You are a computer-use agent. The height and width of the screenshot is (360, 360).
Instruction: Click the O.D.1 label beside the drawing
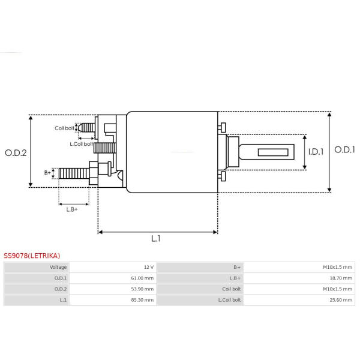[344, 149]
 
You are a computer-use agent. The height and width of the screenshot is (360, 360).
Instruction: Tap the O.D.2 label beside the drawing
[16, 153]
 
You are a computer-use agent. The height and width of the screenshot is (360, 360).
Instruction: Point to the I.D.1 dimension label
[316, 152]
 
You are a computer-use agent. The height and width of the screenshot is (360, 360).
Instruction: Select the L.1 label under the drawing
[155, 239]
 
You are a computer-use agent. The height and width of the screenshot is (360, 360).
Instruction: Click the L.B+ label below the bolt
[72, 209]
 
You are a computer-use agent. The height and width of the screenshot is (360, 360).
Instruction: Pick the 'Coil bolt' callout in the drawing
[64, 128]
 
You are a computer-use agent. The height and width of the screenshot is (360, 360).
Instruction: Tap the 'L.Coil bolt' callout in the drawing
[81, 144]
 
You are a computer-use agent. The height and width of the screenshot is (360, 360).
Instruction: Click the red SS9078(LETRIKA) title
[32, 256]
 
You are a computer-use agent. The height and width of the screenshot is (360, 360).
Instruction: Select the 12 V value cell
[149, 267]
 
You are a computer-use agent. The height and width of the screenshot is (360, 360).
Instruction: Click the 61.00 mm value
[142, 278]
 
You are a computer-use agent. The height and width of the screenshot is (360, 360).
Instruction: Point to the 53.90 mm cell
[142, 289]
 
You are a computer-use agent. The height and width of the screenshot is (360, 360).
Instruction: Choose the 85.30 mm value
[142, 300]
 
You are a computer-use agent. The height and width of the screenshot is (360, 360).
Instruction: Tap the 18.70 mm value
[341, 278]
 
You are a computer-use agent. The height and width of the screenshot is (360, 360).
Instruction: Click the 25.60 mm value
[341, 300]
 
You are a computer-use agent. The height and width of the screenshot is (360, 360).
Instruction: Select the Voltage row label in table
[58, 267]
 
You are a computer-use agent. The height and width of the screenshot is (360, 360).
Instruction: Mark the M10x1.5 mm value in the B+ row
[337, 267]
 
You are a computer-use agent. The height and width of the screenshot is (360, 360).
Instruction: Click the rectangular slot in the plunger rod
[273, 152]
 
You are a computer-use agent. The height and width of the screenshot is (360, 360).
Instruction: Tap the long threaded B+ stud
[74, 173]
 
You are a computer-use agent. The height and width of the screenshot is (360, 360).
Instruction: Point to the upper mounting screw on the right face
[221, 127]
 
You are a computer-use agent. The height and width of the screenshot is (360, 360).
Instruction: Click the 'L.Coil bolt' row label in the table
[229, 300]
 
